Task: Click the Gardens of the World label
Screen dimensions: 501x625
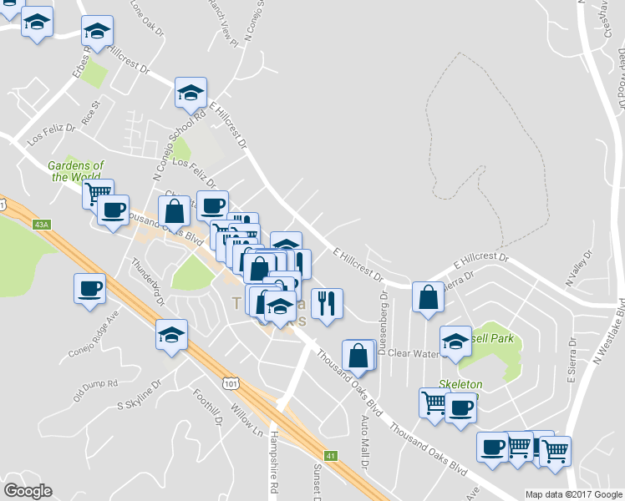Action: coord(76,171)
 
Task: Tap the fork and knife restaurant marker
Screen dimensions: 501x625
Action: coord(327,303)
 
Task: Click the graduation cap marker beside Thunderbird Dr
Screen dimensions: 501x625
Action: coord(172,336)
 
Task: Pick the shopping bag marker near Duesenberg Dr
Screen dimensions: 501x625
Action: coord(428,299)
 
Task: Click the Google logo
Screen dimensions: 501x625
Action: coord(28,491)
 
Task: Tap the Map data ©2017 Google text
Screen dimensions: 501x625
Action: coord(574,494)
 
